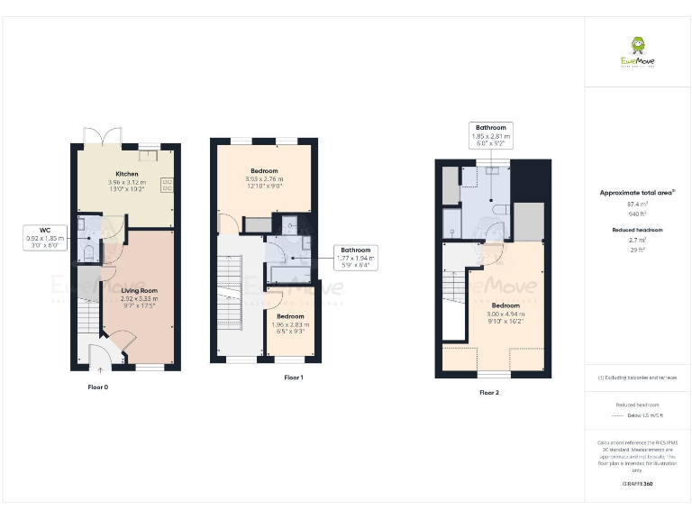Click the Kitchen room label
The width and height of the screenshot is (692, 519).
[125, 173]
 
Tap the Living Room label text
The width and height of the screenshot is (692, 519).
[140, 291]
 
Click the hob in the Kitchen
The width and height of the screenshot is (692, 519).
[168, 185]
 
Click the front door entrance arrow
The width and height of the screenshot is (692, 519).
[99, 367]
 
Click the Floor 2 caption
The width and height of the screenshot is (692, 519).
[488, 393]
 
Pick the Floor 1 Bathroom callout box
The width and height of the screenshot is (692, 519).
[356, 259]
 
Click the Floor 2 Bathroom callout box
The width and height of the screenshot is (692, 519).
[491, 135]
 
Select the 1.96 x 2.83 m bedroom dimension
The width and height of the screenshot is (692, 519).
[290, 324]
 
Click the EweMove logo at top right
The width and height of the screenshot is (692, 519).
[637, 50]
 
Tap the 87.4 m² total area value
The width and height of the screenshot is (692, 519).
[637, 206]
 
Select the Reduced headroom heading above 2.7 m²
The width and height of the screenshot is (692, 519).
[637, 231]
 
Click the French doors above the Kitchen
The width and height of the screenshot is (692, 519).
[96, 135]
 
